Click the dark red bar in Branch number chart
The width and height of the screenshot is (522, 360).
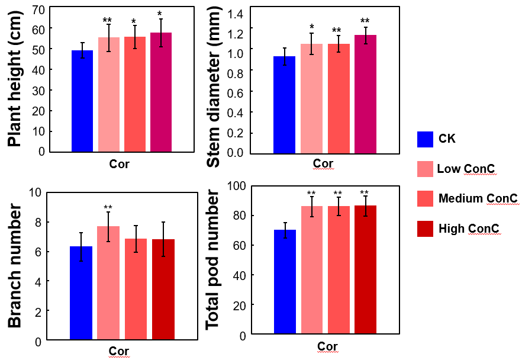(x=163, y=290)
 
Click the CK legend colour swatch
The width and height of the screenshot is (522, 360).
(x=426, y=139)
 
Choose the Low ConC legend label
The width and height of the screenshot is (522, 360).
(x=466, y=169)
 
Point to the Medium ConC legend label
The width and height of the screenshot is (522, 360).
(x=478, y=199)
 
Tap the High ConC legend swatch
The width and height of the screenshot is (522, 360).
(x=426, y=229)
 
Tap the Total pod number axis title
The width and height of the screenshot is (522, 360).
(x=214, y=261)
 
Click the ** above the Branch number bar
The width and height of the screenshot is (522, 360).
(x=108, y=208)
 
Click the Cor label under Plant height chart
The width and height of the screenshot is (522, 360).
(x=119, y=164)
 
